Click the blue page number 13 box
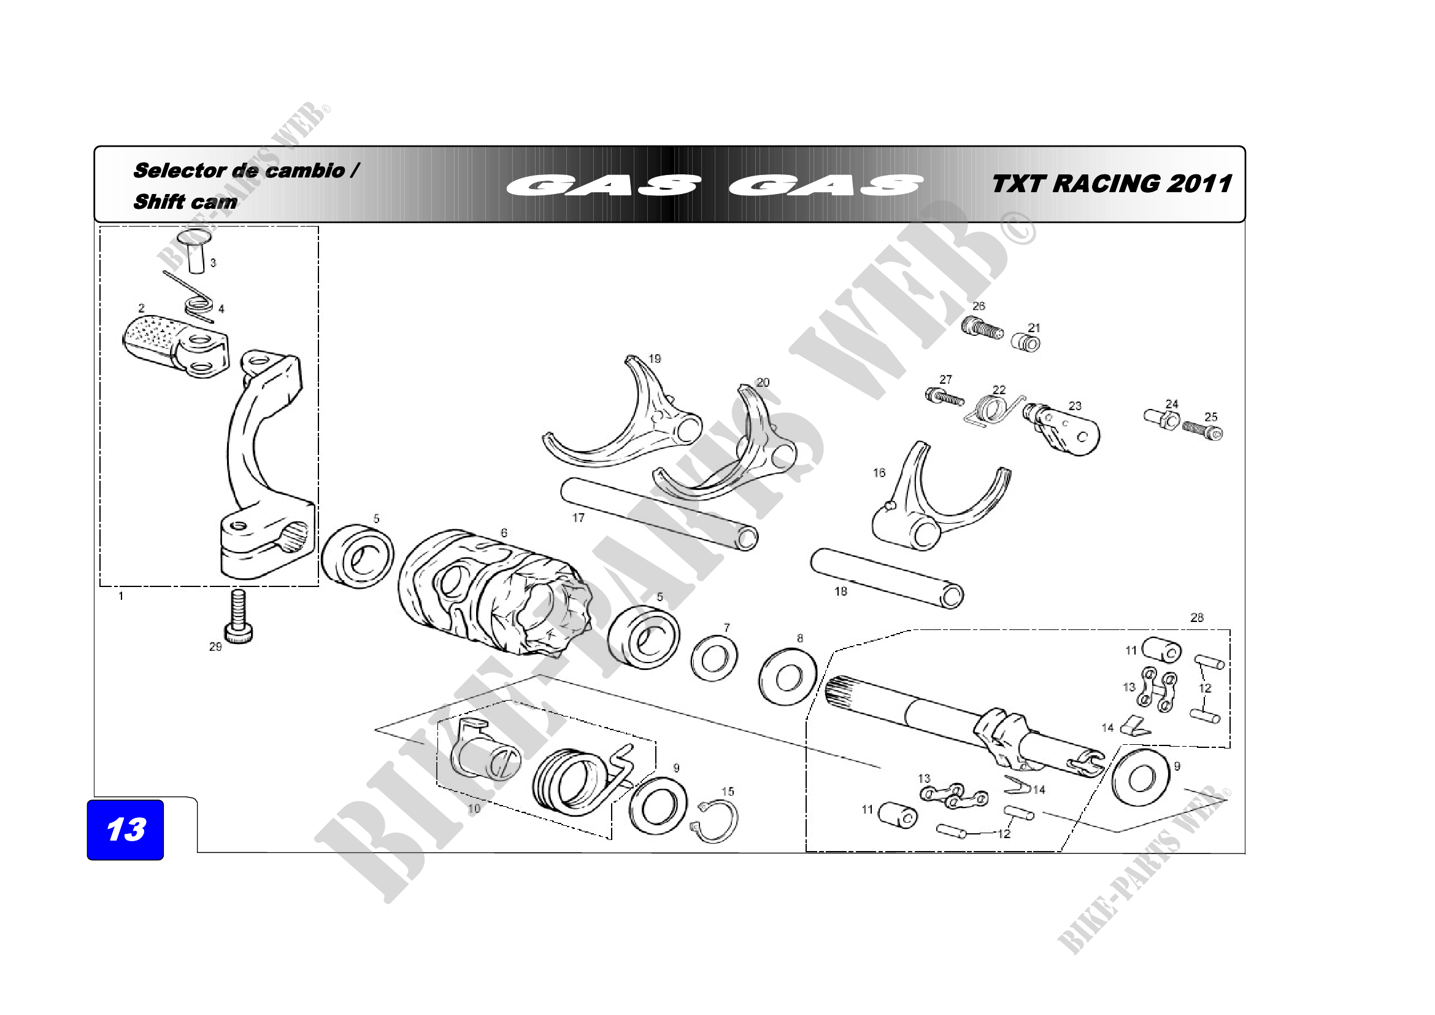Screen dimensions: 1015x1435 click(x=125, y=830)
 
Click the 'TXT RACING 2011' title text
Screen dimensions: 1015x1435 click(x=1111, y=184)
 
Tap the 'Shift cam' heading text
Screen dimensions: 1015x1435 click(x=185, y=202)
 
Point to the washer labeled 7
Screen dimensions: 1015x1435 click(x=714, y=658)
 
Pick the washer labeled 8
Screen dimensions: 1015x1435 click(x=788, y=677)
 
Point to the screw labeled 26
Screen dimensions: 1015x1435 click(x=982, y=327)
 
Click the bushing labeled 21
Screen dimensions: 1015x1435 click(x=1026, y=343)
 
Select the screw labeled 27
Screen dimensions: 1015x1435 click(x=943, y=397)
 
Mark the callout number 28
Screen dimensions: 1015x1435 click(x=1196, y=618)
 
